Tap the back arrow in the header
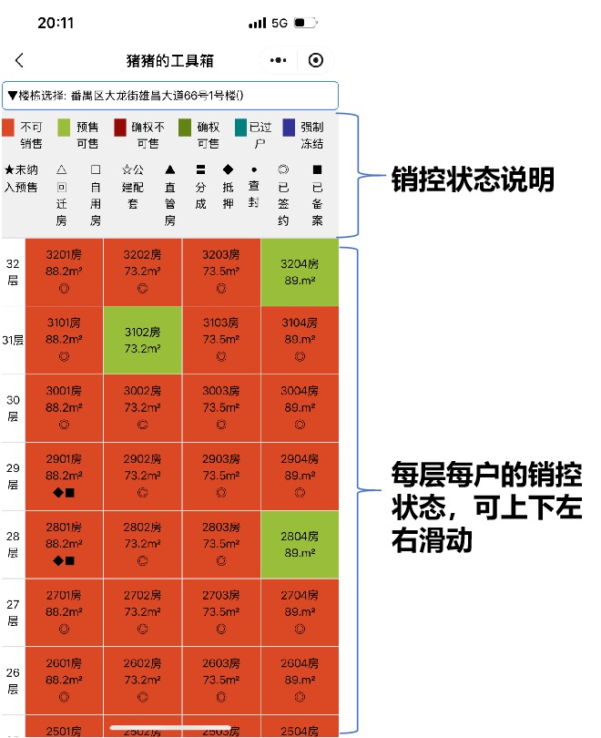point(20,60)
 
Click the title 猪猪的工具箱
point(170,60)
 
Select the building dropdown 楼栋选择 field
point(170,95)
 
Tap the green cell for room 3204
point(300,272)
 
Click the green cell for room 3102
point(143,340)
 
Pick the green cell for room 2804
point(300,544)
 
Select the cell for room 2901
point(64,476)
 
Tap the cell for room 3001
point(64,407)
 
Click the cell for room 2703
point(221,611)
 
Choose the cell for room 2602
point(143,680)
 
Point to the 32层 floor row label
point(13,272)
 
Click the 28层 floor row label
point(13,544)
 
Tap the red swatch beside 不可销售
point(8,128)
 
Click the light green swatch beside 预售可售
point(64,128)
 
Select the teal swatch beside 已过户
point(241,128)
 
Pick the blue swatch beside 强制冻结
point(289,128)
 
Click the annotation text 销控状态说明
point(473,179)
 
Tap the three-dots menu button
point(280,60)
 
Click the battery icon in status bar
point(304,23)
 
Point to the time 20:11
point(56,23)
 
